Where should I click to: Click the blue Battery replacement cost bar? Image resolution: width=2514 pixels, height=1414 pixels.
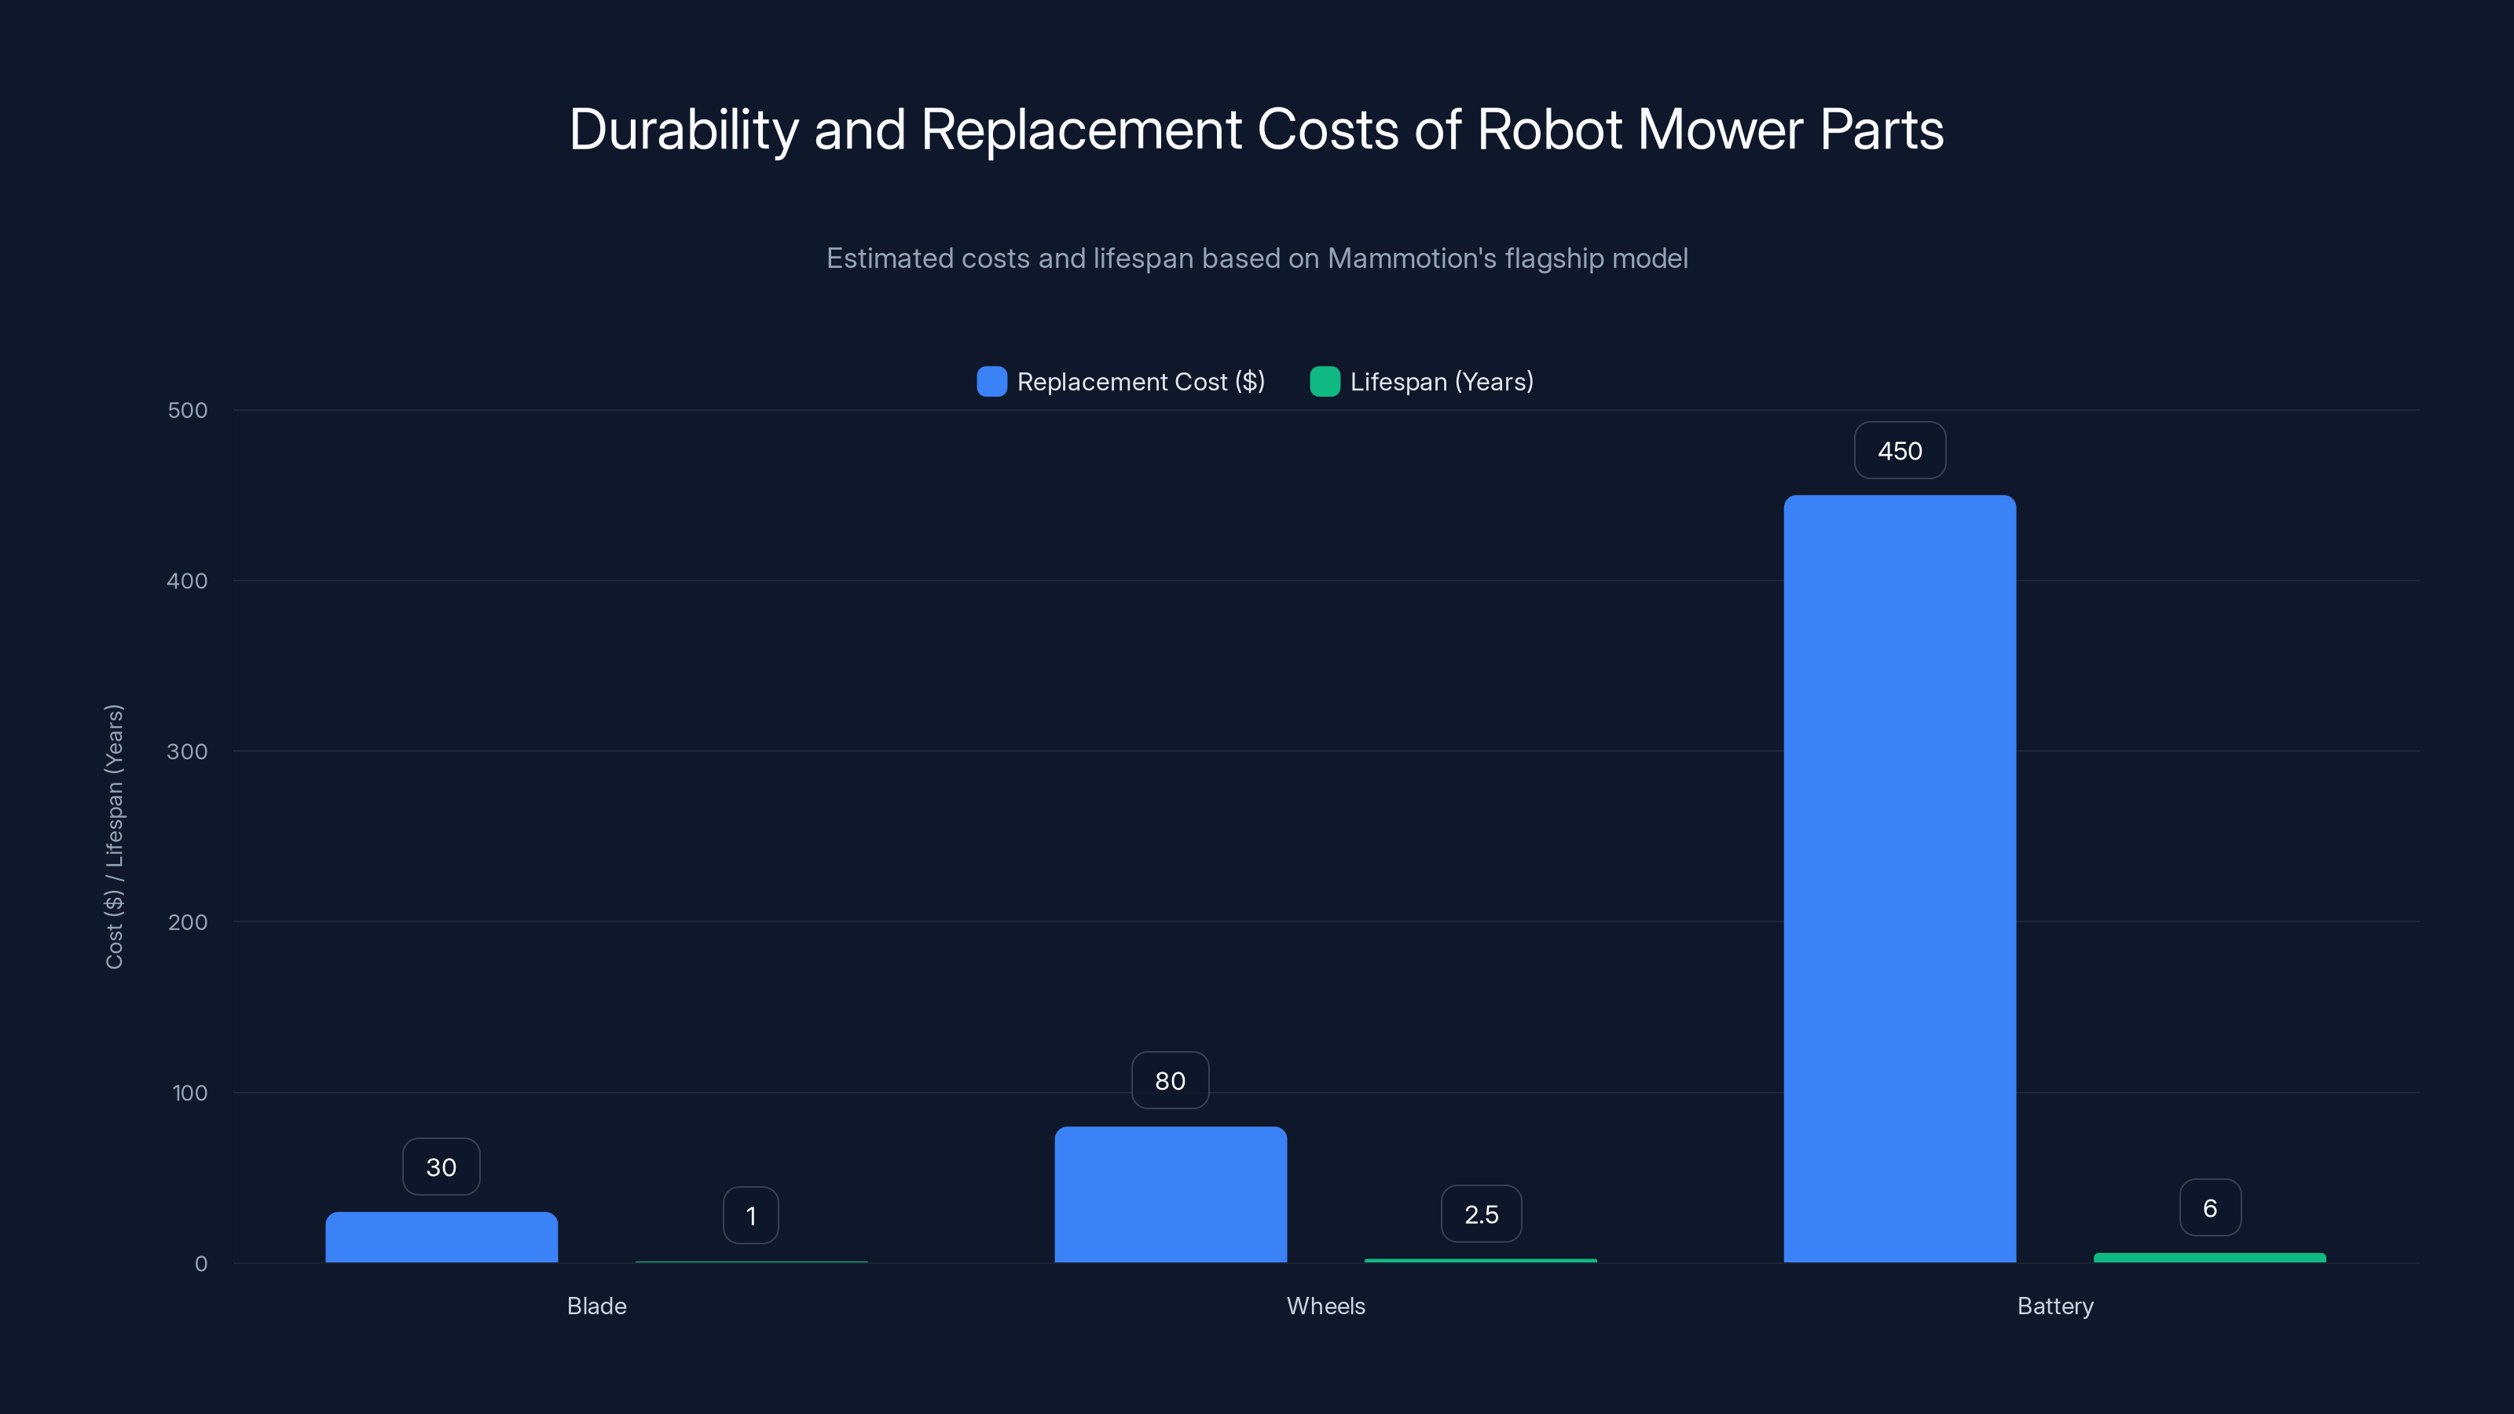coord(1899,878)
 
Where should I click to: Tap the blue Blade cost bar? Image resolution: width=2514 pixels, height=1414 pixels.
coord(441,1237)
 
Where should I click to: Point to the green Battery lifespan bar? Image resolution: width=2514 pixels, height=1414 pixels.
coord(2209,1258)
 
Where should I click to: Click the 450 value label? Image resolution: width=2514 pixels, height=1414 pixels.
coord(1899,451)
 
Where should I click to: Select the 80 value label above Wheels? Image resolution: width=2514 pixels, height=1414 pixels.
coord(1170,1080)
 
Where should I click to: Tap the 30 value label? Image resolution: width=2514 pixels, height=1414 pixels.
coord(441,1167)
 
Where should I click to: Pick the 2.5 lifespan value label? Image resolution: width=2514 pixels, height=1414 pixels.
coord(1480,1214)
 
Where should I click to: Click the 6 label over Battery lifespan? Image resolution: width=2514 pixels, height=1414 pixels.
coord(2209,1208)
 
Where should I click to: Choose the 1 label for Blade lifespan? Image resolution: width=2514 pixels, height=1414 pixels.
coord(750,1216)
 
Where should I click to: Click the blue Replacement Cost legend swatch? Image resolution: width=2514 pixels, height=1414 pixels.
coord(991,382)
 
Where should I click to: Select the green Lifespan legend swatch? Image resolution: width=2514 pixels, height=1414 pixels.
coord(1325,382)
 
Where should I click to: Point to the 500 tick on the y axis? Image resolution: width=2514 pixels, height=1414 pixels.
coord(188,410)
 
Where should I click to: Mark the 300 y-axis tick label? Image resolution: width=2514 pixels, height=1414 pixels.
coord(188,752)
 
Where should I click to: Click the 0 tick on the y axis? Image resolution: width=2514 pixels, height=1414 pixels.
coord(201,1264)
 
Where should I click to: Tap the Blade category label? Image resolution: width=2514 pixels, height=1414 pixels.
coord(596,1306)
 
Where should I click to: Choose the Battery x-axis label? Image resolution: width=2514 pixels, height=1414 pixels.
coord(2054,1306)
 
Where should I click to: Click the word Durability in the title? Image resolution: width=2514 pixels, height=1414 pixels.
coord(683,130)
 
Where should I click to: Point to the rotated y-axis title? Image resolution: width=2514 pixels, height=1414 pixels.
coord(114,837)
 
